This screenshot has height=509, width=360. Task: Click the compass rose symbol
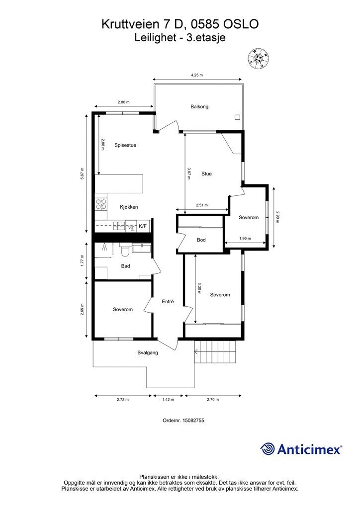pyautogui.click(x=259, y=59)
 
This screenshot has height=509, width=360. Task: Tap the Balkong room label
pyautogui.click(x=199, y=106)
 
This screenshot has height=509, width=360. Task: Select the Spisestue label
pyautogui.click(x=125, y=145)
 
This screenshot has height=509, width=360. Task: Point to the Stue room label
pyautogui.click(x=206, y=173)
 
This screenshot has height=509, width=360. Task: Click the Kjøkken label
pyautogui.click(x=129, y=207)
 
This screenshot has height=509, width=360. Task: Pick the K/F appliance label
pyautogui.click(x=143, y=226)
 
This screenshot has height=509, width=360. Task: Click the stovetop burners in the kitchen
pyautogui.click(x=101, y=204)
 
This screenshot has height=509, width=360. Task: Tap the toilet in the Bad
pyautogui.click(x=125, y=251)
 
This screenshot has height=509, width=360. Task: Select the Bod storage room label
pyautogui.click(x=201, y=240)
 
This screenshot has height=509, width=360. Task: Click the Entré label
pyautogui.click(x=168, y=301)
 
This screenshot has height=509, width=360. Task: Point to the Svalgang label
pyautogui.click(x=148, y=352)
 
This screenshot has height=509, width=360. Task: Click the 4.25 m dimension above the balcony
pyautogui.click(x=197, y=75)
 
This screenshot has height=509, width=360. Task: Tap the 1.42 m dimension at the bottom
pyautogui.click(x=168, y=399)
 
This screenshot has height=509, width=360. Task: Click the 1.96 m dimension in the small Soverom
pyautogui.click(x=245, y=238)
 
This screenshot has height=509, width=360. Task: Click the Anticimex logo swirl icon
pyautogui.click(x=267, y=449)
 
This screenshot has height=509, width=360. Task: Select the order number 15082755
pyautogui.click(x=193, y=420)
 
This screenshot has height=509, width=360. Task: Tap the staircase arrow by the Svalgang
pyautogui.click(x=196, y=351)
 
